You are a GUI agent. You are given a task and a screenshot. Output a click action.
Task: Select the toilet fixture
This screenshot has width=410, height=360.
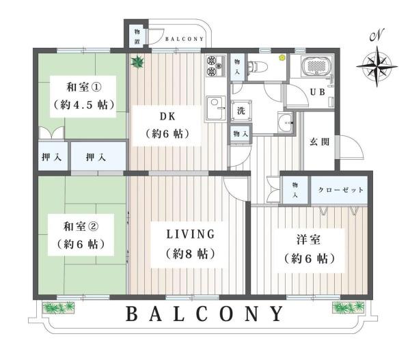pyautogui.click(x=258, y=66)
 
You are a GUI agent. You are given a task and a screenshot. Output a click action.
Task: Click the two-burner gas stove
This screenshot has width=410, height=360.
pyautogui.click(x=216, y=66)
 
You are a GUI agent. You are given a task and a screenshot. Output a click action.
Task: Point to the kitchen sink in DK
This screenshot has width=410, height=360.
pyautogui.click(x=216, y=108)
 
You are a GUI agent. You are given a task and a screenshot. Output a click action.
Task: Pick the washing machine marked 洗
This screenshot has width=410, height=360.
pyautogui.click(x=241, y=111)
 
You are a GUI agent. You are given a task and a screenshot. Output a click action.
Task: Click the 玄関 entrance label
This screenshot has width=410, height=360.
pyautogui.click(x=320, y=142)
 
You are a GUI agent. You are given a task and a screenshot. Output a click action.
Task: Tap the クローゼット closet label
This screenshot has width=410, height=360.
pyautogui.click(x=341, y=190)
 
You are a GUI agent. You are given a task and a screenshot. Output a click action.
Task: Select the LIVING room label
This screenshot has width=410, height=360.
pyautogui.click(x=191, y=234)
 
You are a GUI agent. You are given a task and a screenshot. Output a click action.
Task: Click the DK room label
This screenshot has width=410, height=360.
pyautogui.click(x=167, y=116)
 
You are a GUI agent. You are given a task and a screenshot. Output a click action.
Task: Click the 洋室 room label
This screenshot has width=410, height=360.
pyautogui.click(x=309, y=240)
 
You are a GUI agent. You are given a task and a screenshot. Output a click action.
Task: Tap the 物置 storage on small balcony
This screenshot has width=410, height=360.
pyautogui.click(x=137, y=37)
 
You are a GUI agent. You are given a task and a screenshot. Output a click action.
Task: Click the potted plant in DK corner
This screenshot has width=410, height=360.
pyautogui.click(x=137, y=62)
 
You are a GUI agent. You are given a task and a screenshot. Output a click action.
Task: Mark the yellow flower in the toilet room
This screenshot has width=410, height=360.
pyautogui.click(x=282, y=57)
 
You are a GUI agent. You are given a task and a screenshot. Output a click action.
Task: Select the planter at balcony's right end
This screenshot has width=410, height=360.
pyautogui.click(x=348, y=307)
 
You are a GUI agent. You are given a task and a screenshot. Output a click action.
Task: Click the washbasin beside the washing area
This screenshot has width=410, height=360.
pyautogui.click(x=286, y=122)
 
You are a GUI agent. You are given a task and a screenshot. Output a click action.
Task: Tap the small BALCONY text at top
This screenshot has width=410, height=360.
pyautogui.click(x=184, y=39)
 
